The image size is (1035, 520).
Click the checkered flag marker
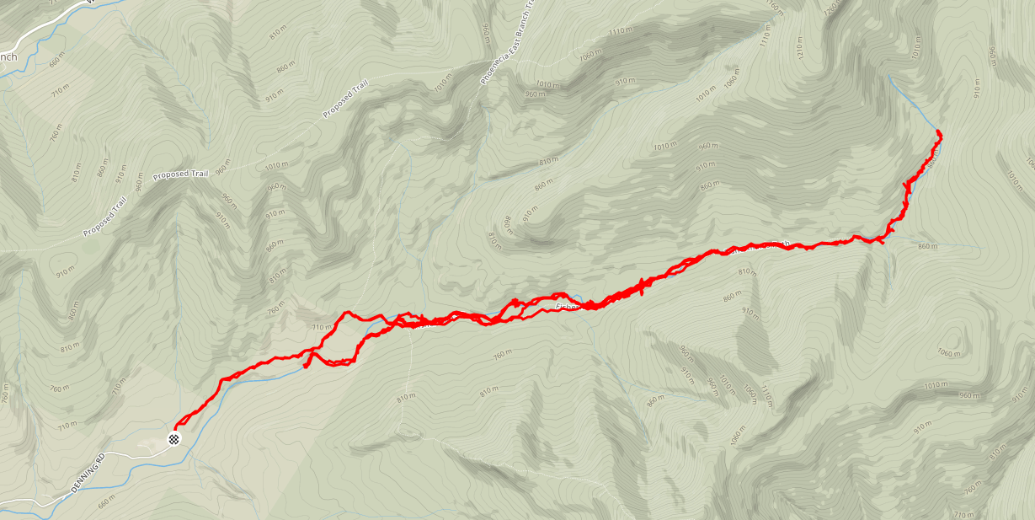click(174, 438)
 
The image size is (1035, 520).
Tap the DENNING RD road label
click(88, 475)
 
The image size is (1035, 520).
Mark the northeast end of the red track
click(938, 133)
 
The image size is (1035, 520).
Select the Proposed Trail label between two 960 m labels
click(180, 175)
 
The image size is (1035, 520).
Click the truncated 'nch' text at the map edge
click(8, 56)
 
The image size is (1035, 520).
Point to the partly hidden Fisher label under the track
click(568, 307)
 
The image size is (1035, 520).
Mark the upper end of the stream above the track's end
click(891, 77)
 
